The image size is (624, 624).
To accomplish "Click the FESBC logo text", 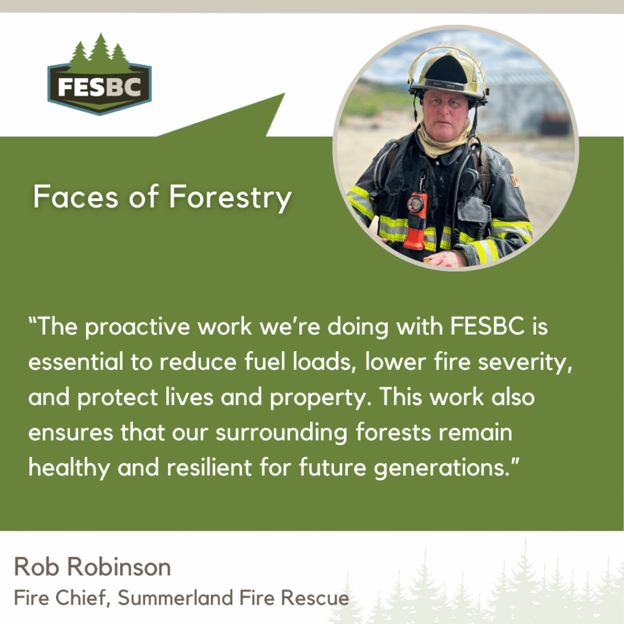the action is (x=99, y=87).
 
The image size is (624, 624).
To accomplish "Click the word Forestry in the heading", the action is (x=230, y=197).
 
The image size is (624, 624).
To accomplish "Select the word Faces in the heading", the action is (x=76, y=196).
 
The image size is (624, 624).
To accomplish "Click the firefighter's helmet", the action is (x=448, y=72).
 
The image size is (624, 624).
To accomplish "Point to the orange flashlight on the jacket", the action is (x=416, y=220).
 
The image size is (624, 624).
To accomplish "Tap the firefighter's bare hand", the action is (x=445, y=258).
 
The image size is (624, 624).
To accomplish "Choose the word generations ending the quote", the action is (x=442, y=469).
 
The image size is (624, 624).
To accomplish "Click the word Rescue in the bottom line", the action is (x=315, y=598).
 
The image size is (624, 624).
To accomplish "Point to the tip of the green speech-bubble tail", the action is (x=285, y=93).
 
